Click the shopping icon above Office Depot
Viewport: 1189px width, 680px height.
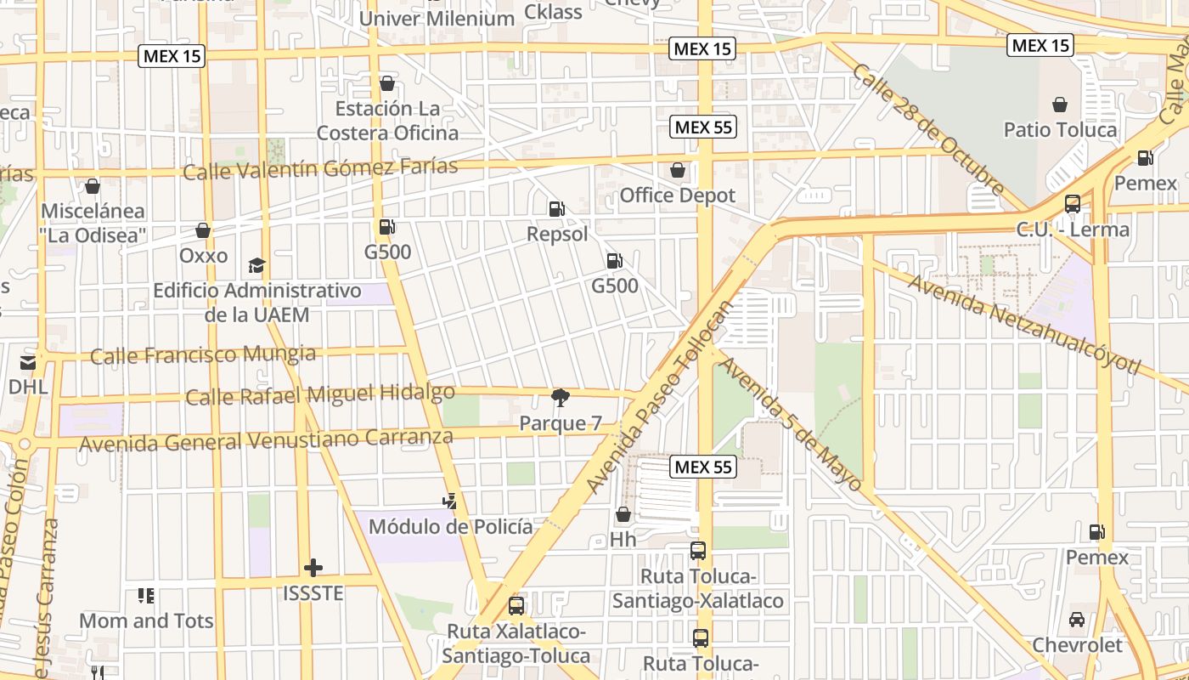pyautogui.click(x=678, y=170)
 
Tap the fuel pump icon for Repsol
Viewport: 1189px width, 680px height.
pyautogui.click(x=556, y=208)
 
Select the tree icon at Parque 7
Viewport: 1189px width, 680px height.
pyautogui.click(x=560, y=397)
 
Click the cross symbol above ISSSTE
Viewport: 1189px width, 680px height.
pyautogui.click(x=313, y=567)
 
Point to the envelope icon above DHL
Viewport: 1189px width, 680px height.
pyautogui.click(x=28, y=363)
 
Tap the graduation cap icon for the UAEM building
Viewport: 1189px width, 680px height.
pyautogui.click(x=256, y=266)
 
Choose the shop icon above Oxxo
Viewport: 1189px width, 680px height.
pyautogui.click(x=203, y=230)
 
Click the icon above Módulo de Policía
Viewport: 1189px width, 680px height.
pyautogui.click(x=450, y=501)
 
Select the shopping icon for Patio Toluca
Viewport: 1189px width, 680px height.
pyautogui.click(x=1060, y=105)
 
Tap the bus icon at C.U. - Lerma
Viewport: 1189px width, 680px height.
pyautogui.click(x=1073, y=204)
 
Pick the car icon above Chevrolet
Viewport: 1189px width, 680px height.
pyautogui.click(x=1077, y=620)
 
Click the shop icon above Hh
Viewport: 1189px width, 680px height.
pyautogui.click(x=623, y=514)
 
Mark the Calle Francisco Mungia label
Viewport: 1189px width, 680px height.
pyautogui.click(x=203, y=354)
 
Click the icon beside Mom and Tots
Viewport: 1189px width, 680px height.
pyautogui.click(x=146, y=596)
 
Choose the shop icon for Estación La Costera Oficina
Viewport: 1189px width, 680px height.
pyautogui.click(x=387, y=83)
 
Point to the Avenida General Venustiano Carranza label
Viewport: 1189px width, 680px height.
pyautogui.click(x=266, y=440)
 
